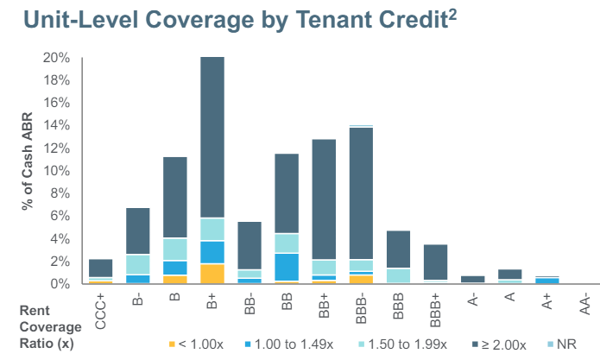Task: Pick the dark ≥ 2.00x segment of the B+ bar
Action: point(212,138)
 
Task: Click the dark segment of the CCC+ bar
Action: point(101,268)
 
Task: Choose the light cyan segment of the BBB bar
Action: point(398,275)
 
